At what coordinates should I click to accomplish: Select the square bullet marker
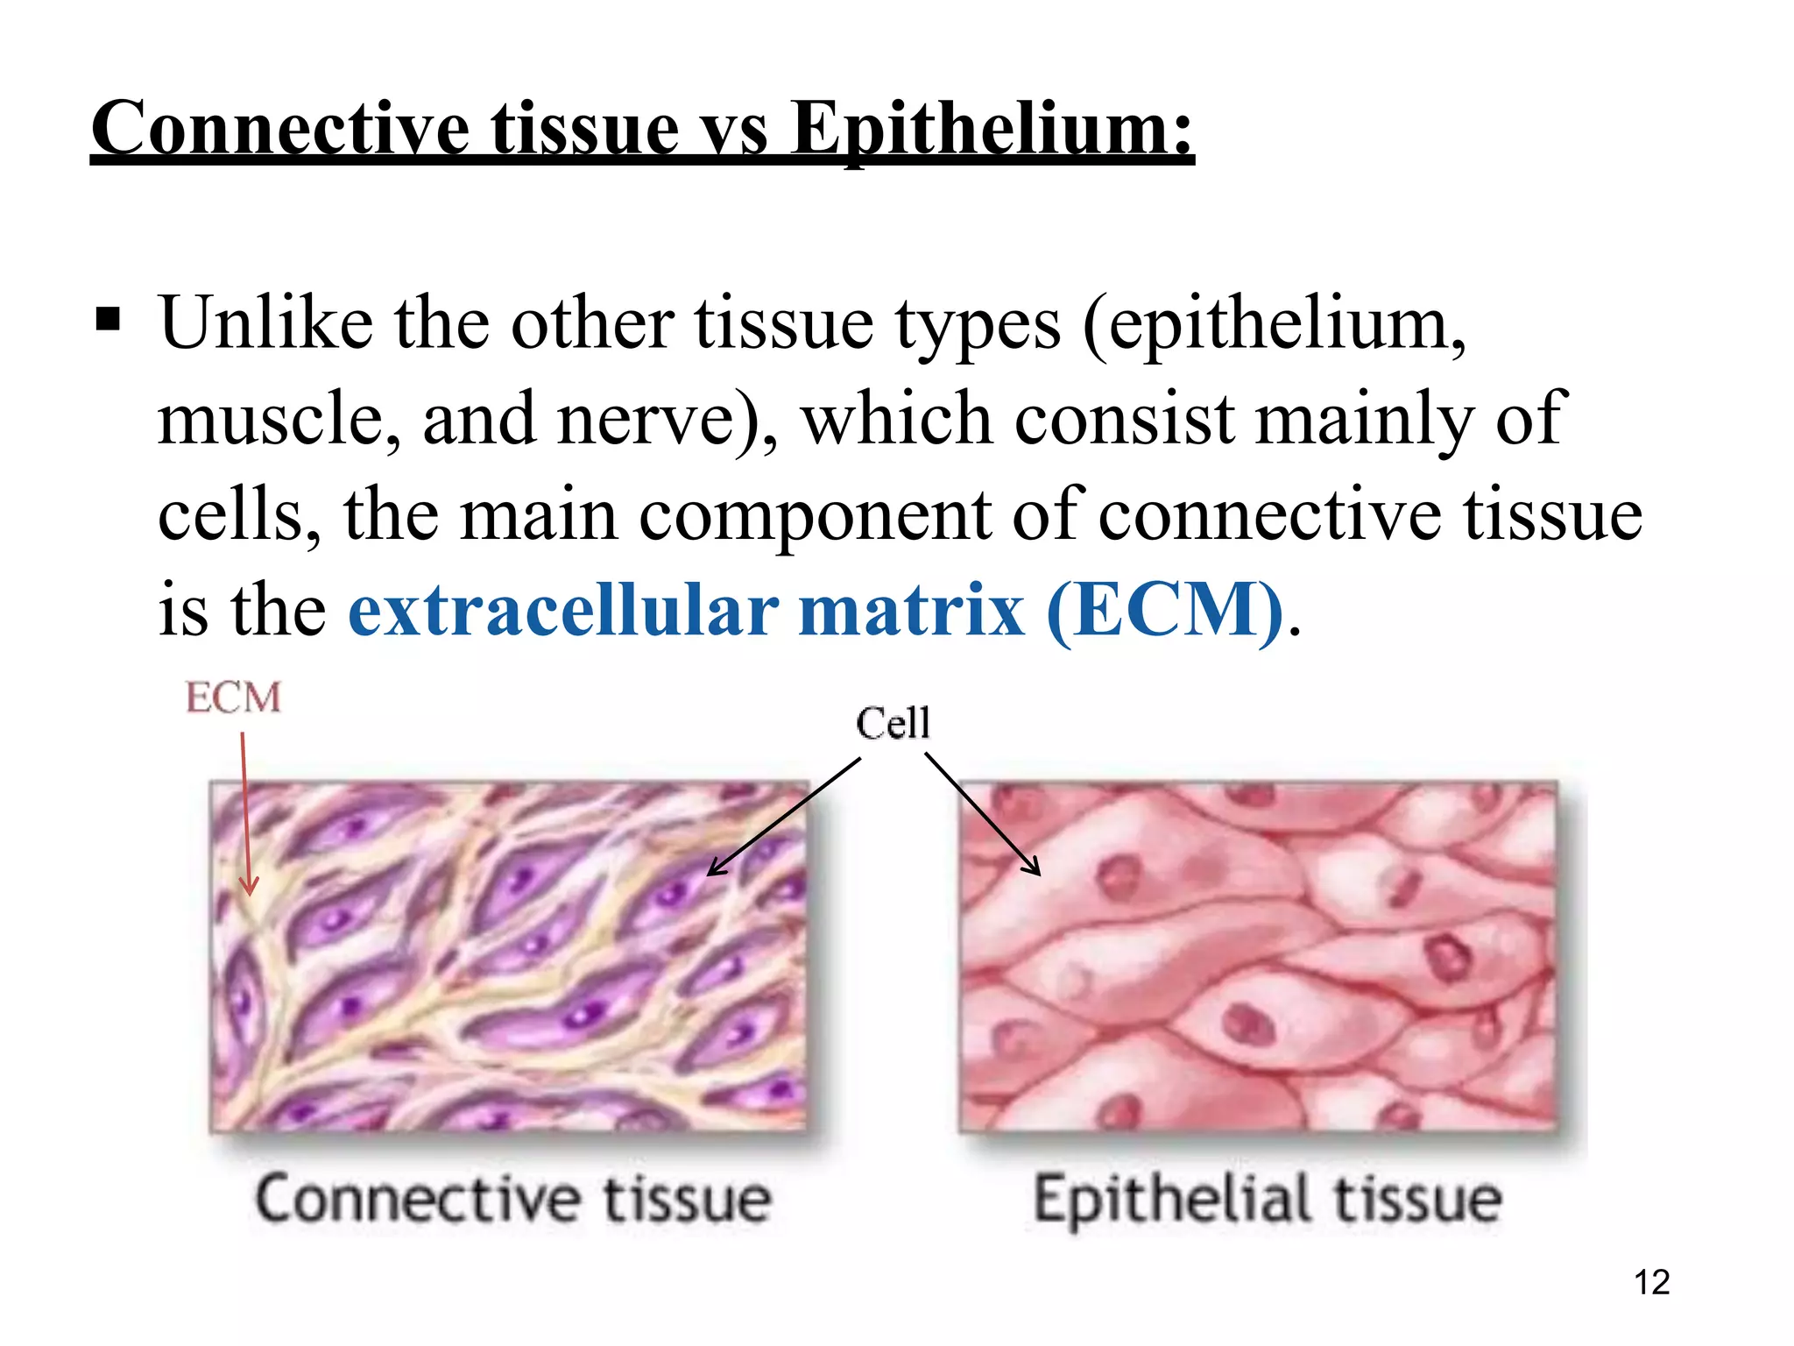[108, 320]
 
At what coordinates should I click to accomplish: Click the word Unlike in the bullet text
[265, 322]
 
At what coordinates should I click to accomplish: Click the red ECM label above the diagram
[233, 698]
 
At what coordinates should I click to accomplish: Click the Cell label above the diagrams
[893, 723]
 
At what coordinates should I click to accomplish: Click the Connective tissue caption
[513, 1198]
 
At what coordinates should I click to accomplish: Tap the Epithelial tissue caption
[1268, 1198]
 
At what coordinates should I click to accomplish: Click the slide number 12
[1652, 1282]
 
